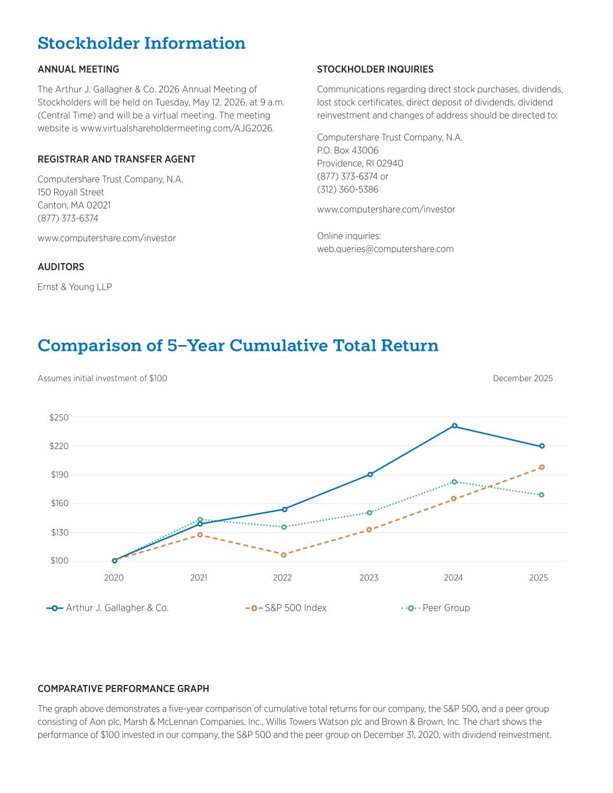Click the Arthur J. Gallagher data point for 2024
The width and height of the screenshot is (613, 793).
[x=454, y=426]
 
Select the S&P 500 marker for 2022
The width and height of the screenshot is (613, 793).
[x=284, y=555]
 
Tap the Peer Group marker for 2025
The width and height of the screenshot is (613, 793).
[x=542, y=495]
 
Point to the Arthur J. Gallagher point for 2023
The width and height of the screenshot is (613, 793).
[x=370, y=475]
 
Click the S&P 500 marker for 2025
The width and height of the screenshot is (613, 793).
[x=542, y=467]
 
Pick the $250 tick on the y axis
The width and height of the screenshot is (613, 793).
[x=59, y=418]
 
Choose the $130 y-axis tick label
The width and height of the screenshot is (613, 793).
[x=59, y=532]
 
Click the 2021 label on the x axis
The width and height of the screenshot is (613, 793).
[x=199, y=578]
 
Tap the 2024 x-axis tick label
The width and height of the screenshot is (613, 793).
[x=453, y=578]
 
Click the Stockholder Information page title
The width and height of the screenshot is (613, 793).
[x=141, y=44]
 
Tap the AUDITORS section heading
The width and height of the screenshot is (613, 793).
[x=61, y=267]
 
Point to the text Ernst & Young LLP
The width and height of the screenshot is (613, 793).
[x=75, y=287]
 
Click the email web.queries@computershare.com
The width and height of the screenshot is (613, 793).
[x=385, y=249]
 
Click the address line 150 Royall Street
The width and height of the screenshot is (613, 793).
[x=71, y=192]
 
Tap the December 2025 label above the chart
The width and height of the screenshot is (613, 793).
[x=523, y=379]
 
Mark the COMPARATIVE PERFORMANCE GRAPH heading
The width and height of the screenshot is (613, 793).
[x=123, y=689]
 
